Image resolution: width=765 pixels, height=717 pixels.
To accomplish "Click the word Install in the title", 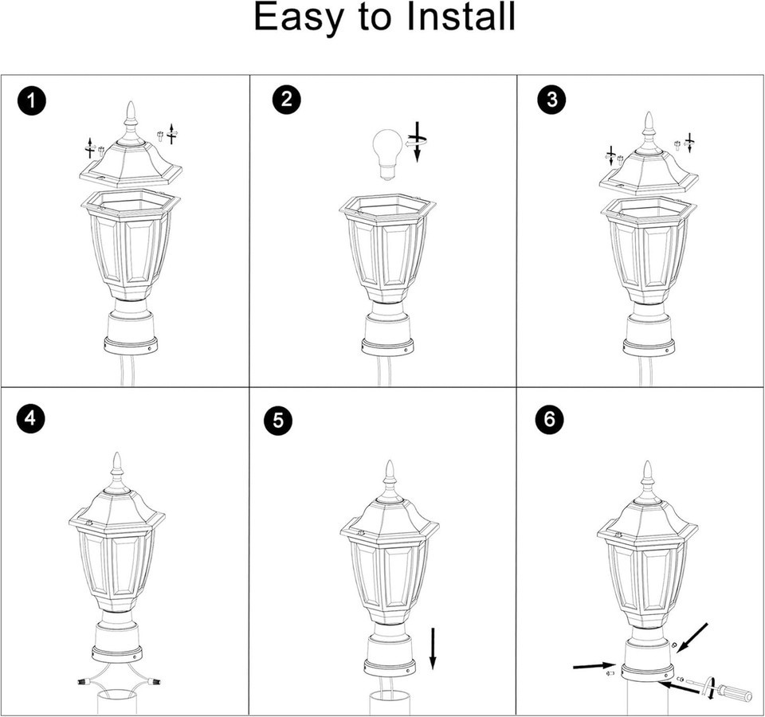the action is tap(461, 16).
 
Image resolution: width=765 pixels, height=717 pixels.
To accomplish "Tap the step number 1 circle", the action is tap(32, 101).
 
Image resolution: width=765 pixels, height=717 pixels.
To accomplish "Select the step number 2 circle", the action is tap(287, 99).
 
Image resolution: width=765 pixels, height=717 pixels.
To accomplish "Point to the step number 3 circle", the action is tap(551, 99).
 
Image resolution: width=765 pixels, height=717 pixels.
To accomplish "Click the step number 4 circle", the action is tap(29, 418).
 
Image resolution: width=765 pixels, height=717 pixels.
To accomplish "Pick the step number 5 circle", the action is tap(278, 420).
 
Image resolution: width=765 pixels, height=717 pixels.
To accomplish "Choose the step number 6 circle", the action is tap(550, 419).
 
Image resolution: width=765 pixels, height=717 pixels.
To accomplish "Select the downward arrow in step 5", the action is tap(433, 648).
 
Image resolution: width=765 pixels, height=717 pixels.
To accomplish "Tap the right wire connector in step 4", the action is tap(155, 680).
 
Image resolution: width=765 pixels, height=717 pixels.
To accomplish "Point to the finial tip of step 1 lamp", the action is tap(130, 102).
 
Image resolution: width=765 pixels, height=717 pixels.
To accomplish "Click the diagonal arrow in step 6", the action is tap(692, 637).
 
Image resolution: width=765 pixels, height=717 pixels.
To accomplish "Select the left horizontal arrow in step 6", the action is tap(594, 665).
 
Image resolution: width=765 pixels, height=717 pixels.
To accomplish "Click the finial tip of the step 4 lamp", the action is tap(117, 453).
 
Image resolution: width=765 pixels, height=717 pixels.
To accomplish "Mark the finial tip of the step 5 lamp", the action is tap(390, 461).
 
